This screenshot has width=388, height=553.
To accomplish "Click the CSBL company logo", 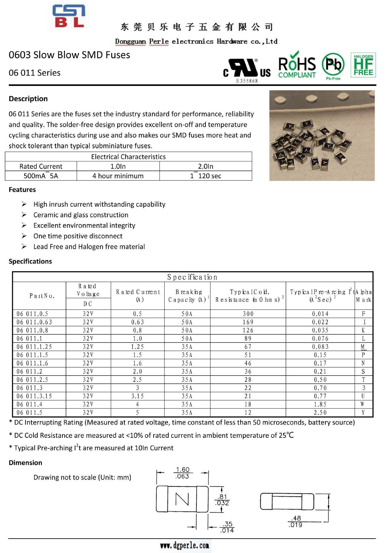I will pos(69,16).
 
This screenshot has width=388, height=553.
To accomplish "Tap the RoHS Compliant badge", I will pos(297,65).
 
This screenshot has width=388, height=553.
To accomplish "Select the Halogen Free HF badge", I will pos(363,65).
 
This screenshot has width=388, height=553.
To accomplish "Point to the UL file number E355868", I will pos(247,81).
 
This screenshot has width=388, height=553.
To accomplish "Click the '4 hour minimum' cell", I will pos(118,176).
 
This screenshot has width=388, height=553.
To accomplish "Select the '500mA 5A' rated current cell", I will pos(41,176).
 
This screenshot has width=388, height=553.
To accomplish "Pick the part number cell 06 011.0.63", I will pos(34,322).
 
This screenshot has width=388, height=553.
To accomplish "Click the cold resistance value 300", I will pos(248,314).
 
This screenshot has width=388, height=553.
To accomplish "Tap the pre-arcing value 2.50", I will pos(320,413).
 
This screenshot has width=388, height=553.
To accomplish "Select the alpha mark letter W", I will pos(363,404).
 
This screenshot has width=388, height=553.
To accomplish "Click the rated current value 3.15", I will pos(137,396).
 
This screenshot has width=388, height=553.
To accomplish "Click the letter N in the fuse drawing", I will pos(182,499).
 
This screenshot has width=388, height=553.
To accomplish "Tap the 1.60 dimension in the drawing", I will pos(183,470).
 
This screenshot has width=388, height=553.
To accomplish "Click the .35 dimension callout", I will pos(228,524).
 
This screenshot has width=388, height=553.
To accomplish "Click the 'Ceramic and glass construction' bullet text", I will pos(81,215).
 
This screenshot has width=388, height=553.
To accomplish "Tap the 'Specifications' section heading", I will pos(30,261).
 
